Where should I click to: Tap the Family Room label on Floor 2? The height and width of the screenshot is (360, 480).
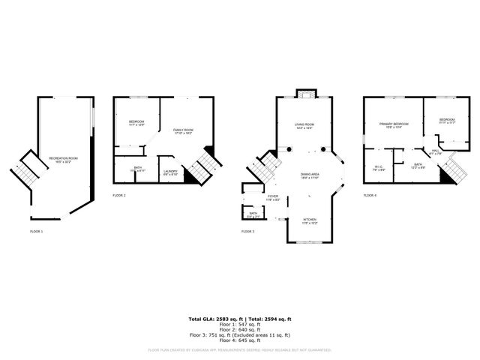[183, 131]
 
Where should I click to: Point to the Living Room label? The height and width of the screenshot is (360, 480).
[304, 125]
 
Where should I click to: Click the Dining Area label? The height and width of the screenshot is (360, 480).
[310, 175]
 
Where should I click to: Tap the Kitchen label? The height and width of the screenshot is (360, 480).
[309, 221]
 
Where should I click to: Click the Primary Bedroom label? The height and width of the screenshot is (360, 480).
[394, 124]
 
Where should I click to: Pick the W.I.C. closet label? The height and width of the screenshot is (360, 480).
[379, 169]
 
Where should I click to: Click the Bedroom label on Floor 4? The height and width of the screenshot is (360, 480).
[447, 121]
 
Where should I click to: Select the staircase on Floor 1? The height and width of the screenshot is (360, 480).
[27, 171]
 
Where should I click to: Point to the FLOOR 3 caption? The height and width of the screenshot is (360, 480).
[248, 232]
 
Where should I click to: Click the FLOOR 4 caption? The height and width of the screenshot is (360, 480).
[370, 195]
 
